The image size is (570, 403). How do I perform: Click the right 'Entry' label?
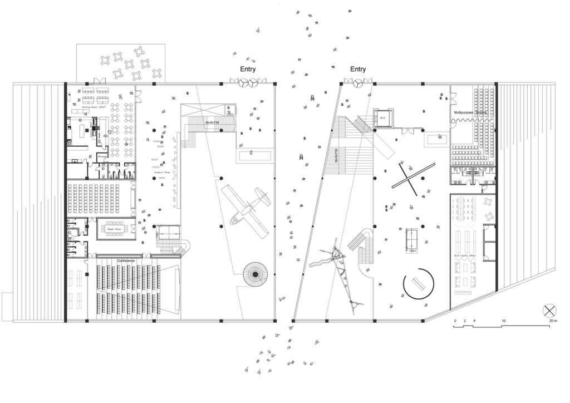pyautogui.click(x=358, y=70)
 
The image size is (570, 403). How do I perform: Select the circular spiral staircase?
pyautogui.click(x=257, y=274)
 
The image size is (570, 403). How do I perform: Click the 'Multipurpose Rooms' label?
pyautogui.click(x=469, y=113)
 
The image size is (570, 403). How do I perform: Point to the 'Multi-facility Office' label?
pyautogui.click(x=465, y=255)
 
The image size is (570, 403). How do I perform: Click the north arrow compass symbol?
pyautogui.click(x=549, y=310)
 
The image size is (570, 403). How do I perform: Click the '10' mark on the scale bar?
pyautogui.click(x=503, y=322)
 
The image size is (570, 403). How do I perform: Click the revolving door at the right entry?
pyautogui.click(x=358, y=82)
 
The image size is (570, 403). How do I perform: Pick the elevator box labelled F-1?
pyautogui.click(x=383, y=119)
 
